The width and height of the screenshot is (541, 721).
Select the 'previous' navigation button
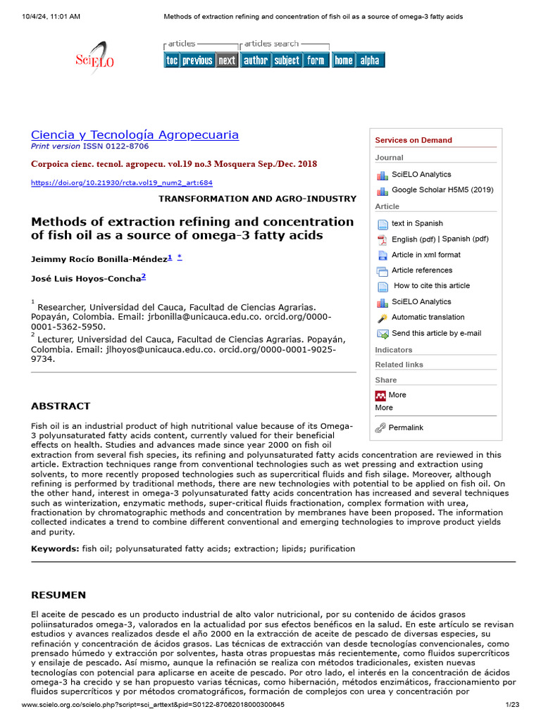coord(197,61)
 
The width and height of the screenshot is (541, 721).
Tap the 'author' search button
coord(255,61)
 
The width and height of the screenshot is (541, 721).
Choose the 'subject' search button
coord(287,61)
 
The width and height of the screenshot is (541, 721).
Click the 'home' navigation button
coord(343,61)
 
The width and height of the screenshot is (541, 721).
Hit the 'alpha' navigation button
coord(370,61)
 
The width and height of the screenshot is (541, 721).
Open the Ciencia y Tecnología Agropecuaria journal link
coord(135,134)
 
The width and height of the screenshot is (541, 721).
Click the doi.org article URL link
coord(121,183)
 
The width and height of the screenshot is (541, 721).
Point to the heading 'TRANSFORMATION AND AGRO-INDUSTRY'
coord(257,199)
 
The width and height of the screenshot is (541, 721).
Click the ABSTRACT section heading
coord(61,406)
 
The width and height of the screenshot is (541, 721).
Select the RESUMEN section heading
coord(58,595)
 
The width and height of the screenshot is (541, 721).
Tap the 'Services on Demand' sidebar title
coord(413,140)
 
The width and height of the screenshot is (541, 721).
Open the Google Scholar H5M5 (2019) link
coord(442,190)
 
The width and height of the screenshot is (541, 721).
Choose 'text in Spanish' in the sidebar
coord(417,224)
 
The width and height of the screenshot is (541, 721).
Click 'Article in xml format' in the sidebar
coord(426,255)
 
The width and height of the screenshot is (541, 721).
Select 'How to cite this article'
coord(431,286)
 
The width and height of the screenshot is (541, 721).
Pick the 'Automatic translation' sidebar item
coord(428,318)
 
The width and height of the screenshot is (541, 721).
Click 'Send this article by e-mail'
coord(436,334)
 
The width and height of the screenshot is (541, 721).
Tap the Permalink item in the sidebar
coord(406,427)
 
